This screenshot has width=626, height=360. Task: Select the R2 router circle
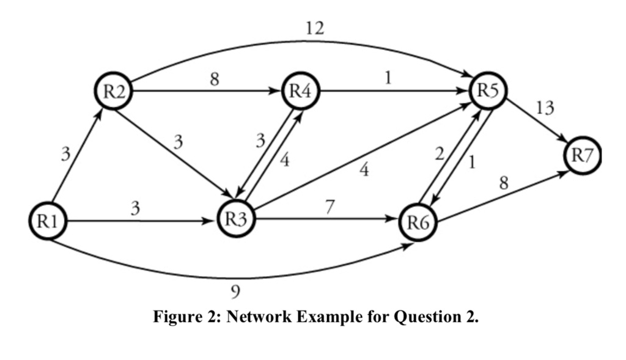114,92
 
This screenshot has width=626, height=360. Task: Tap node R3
235,221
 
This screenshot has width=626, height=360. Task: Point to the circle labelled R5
487,92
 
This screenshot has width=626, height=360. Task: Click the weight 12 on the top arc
315,28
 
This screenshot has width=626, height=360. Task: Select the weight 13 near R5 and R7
544,109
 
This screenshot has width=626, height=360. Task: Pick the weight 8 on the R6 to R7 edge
504,184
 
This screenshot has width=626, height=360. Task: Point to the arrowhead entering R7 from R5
563,142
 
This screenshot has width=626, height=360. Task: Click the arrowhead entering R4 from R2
276,92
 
